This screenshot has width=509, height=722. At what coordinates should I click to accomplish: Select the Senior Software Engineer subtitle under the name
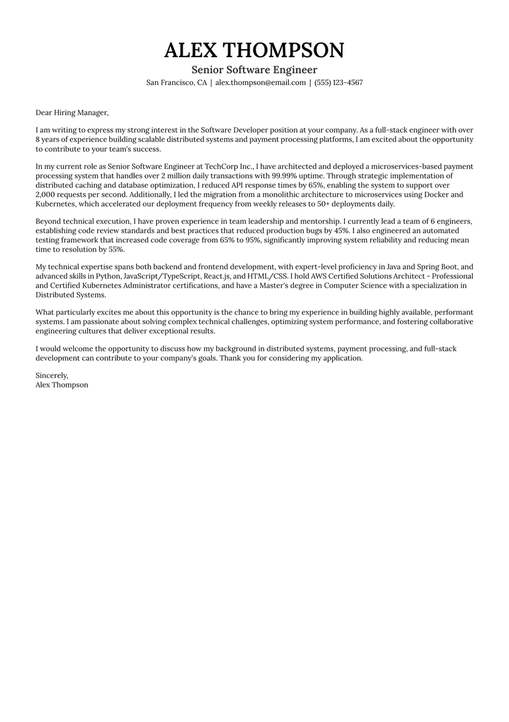click(254, 69)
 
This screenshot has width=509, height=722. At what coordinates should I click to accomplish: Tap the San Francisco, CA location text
click(176, 82)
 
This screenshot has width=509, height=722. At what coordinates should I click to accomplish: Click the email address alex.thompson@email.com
click(261, 82)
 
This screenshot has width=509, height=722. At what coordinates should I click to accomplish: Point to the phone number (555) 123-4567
click(339, 82)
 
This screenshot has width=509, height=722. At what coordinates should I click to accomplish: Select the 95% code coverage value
click(251, 240)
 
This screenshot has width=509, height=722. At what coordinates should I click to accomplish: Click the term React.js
click(218, 276)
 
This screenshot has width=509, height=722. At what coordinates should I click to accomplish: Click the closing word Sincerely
click(52, 375)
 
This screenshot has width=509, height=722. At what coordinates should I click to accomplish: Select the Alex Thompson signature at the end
click(61, 385)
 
